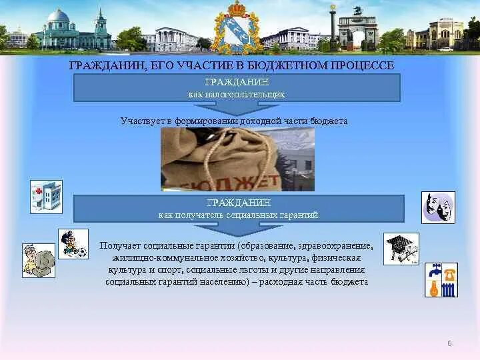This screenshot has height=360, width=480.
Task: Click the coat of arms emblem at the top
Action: pos(237,28)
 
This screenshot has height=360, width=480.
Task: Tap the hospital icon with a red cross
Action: pos(46,196)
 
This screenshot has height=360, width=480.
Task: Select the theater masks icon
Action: pos(439,207)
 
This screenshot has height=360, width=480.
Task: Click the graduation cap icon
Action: pos(401,248)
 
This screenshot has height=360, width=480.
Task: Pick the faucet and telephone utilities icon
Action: pos(441,280)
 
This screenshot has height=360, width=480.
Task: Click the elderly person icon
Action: pos(38,261)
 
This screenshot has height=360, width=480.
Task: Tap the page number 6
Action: pos(449,343)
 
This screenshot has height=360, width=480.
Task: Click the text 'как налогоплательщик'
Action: pos(236,94)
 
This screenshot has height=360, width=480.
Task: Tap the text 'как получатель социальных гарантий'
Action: pos(238,215)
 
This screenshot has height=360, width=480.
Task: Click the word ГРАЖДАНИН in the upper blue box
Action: pos(237,82)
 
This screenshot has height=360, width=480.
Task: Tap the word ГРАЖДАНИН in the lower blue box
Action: pos(238,203)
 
